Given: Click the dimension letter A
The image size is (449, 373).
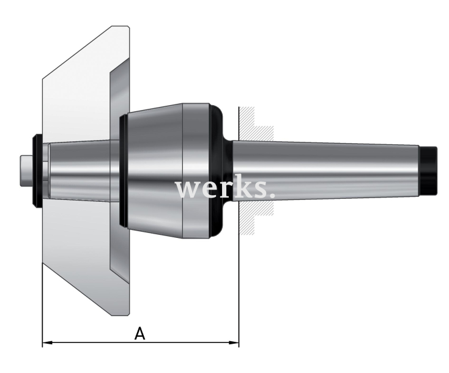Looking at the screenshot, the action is click(x=139, y=334).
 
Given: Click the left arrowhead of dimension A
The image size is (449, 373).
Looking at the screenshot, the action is click(x=47, y=342).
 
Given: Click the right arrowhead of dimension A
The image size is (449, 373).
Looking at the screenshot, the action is click(x=234, y=342).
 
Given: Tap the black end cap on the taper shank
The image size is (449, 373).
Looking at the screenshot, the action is click(x=429, y=171).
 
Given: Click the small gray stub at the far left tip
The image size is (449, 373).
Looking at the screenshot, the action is click(x=26, y=171).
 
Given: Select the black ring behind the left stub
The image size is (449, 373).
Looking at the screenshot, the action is click(x=37, y=171).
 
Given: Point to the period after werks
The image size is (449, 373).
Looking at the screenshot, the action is click(x=272, y=195).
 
